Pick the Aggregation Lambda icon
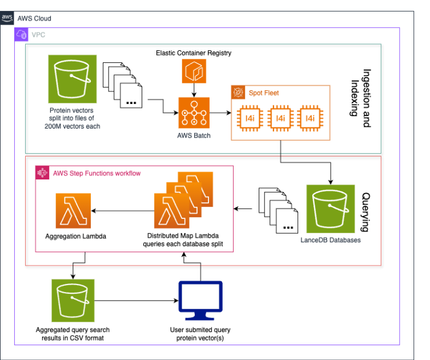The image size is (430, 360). [x=74, y=210]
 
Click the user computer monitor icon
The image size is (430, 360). [x=200, y=301]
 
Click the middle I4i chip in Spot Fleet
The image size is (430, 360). [x=280, y=118]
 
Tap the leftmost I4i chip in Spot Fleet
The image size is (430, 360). [x=250, y=118]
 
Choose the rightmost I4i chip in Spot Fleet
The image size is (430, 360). [x=310, y=118]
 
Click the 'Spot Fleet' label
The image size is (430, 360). [x=263, y=92]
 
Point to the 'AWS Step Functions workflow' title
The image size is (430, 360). [x=97, y=173]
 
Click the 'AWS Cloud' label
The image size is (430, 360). [x=34, y=19]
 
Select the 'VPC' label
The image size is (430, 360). [x=38, y=35]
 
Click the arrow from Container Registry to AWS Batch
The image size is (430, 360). [x=195, y=90]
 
